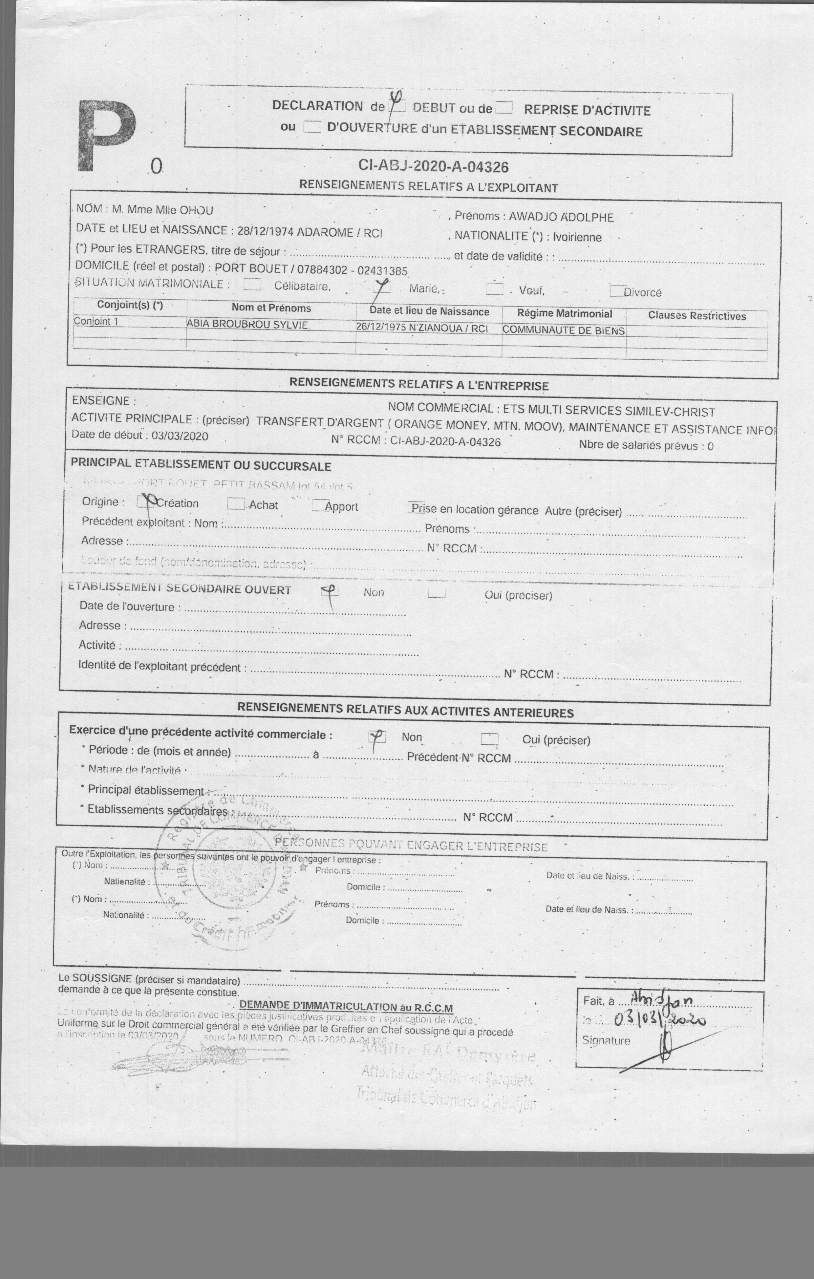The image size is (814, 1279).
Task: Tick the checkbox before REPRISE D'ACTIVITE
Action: [503, 108]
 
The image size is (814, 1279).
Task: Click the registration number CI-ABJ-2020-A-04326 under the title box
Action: [433, 167]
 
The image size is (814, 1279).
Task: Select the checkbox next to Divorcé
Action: [616, 291]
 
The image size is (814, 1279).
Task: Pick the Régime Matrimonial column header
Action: [564, 314]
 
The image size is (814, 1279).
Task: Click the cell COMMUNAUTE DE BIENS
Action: [563, 330]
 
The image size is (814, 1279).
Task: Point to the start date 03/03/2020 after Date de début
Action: [180, 436]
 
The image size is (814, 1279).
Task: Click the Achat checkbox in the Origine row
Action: [235, 503]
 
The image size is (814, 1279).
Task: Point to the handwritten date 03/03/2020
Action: [659, 1019]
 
